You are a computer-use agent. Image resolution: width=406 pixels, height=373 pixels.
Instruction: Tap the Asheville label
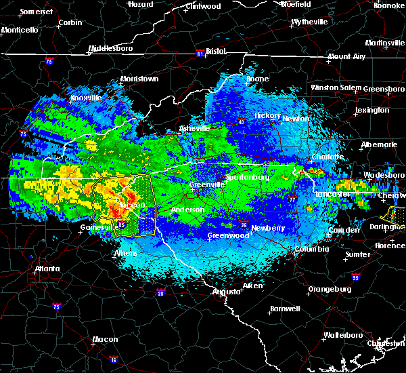[194, 128]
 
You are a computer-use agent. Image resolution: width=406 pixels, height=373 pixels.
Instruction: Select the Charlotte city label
[327, 157]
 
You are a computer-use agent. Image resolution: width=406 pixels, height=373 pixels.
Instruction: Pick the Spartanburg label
[248, 178]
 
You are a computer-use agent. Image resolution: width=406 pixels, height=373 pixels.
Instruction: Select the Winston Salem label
[336, 88]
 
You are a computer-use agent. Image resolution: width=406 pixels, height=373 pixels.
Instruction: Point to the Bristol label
[215, 51]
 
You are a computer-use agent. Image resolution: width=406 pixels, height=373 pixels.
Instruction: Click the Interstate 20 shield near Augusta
[161, 293]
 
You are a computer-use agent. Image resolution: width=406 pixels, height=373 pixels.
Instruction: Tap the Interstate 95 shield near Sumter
[356, 277]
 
